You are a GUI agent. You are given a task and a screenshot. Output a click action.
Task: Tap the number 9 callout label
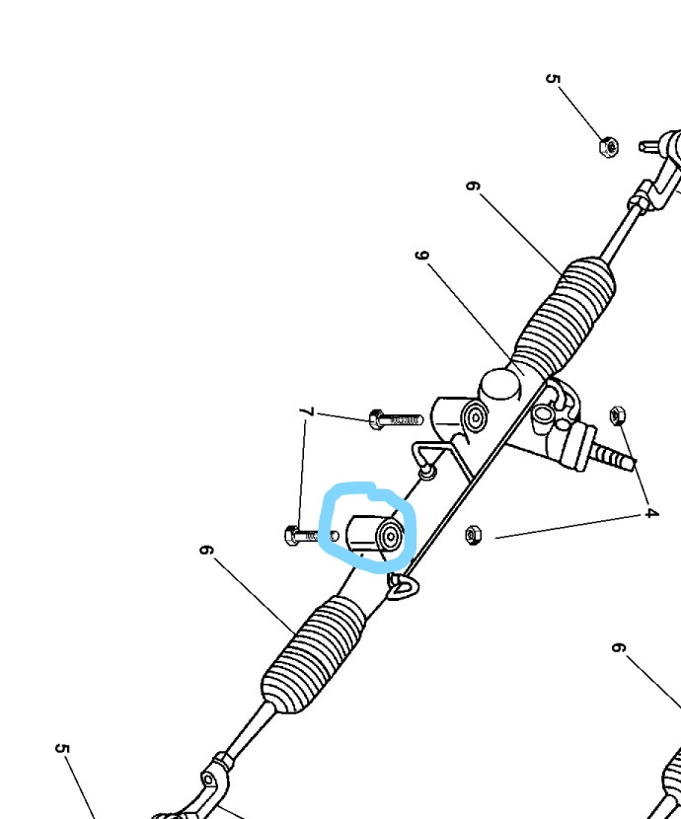tap(422, 256)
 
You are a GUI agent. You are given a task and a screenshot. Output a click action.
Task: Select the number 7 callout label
tap(306, 411)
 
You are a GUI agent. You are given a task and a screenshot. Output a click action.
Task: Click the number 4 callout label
tap(650, 513)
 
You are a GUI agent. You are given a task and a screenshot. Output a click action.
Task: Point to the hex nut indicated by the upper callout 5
tap(609, 147)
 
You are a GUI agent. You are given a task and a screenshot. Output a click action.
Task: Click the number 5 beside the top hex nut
tap(552, 79)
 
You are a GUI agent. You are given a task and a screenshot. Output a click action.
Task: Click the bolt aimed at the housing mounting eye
tap(395, 419)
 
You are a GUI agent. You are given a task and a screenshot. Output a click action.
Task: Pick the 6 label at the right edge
tap(618, 648)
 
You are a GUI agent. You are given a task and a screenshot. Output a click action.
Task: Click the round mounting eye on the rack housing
tap(476, 417)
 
